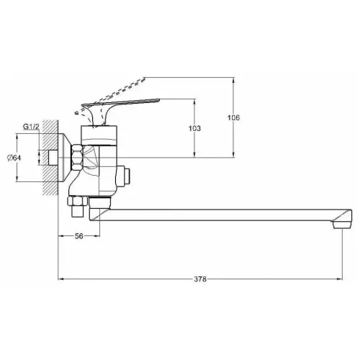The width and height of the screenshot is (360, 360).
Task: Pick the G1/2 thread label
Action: point(31,127)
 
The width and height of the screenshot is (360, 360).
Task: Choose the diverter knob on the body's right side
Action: point(127,174)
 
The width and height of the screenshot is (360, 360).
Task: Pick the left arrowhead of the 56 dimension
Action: point(60,236)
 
